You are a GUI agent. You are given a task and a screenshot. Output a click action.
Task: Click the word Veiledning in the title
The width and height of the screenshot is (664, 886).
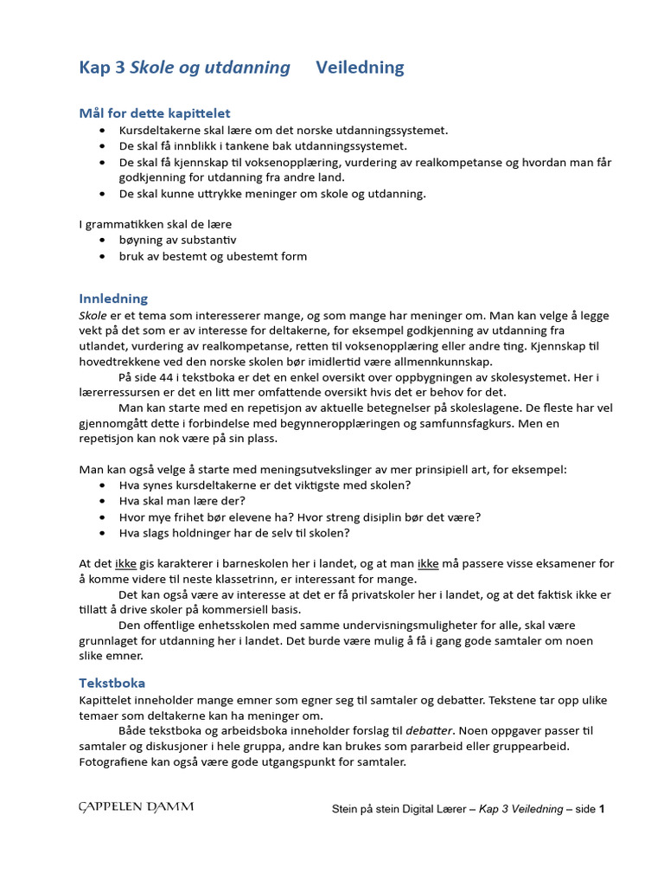pos(360,67)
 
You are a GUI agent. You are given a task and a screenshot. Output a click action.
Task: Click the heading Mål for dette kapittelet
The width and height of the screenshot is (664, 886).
pos(155,113)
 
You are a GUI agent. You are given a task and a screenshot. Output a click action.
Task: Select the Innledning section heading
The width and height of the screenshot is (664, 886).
pos(113,299)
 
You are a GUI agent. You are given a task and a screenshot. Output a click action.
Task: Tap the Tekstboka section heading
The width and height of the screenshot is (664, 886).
pos(112,683)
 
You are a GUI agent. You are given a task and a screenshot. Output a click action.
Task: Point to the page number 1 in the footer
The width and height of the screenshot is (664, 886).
pos(602,809)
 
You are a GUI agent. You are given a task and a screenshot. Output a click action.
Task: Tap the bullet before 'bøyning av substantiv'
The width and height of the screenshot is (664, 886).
pos(103,240)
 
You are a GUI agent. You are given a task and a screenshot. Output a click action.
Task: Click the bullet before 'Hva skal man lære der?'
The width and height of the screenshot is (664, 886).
pos(103,501)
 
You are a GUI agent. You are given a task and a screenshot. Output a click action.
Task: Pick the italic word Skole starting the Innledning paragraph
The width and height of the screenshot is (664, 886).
pos(94,315)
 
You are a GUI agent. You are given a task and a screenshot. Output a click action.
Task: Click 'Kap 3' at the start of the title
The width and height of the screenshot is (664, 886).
pos(102,67)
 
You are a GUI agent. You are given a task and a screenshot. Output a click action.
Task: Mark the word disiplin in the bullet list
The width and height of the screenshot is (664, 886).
pos(392,517)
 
